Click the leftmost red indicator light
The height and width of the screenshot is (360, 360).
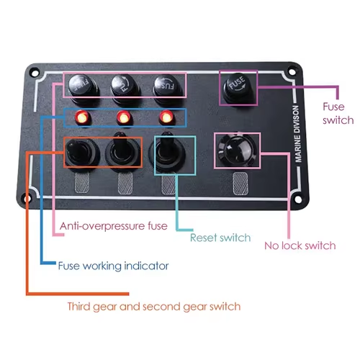click(82, 117)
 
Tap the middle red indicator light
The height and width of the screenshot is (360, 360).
click(124, 118)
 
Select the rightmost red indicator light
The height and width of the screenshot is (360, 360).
click(166, 117)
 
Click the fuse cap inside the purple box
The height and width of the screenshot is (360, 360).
click(238, 88)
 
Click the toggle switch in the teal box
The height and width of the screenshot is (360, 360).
click(166, 152)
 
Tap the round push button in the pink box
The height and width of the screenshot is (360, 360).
click(237, 150)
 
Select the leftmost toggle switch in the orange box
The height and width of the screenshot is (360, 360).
click(81, 153)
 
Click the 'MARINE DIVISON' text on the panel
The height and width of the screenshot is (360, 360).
click(297, 134)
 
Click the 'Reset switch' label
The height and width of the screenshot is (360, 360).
click(220, 238)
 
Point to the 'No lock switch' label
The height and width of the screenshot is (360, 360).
click(300, 246)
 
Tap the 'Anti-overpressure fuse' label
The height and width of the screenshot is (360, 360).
click(114, 226)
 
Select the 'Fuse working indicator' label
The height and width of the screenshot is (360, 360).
click(113, 266)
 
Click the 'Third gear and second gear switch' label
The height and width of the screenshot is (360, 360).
click(154, 307)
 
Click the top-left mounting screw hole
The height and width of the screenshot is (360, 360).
click(35, 72)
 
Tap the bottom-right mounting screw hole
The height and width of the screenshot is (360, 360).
click(298, 199)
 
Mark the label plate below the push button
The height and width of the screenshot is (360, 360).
click(240, 184)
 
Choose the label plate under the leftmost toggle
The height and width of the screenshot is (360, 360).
click(82, 183)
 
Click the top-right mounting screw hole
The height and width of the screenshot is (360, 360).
click(292, 72)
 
